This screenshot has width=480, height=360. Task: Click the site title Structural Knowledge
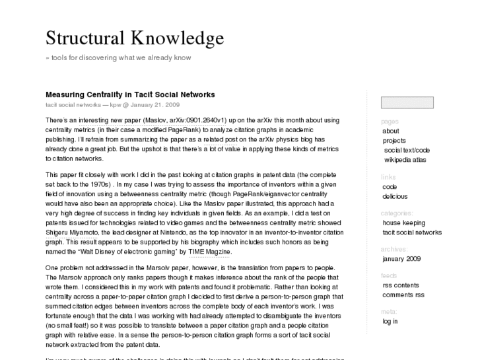click(135, 38)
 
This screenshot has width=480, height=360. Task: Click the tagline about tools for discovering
click(118, 57)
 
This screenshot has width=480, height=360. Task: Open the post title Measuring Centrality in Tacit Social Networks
click(130, 94)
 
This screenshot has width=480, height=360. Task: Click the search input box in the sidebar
click(407, 102)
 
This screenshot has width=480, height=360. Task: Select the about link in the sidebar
click(391, 131)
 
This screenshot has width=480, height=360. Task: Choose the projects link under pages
click(394, 141)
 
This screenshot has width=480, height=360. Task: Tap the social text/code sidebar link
click(407, 150)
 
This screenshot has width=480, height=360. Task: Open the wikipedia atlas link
click(405, 160)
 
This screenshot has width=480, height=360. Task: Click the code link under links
click(390, 187)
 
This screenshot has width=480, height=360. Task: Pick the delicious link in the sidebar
click(395, 196)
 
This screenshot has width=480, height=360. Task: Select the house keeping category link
click(403, 223)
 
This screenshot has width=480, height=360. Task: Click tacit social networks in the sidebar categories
click(412, 233)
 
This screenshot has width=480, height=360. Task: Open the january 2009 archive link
click(401, 259)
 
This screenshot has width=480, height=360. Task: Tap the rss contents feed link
click(401, 285)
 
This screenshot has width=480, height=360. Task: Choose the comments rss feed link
click(403, 295)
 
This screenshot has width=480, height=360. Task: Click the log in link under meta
click(390, 321)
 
